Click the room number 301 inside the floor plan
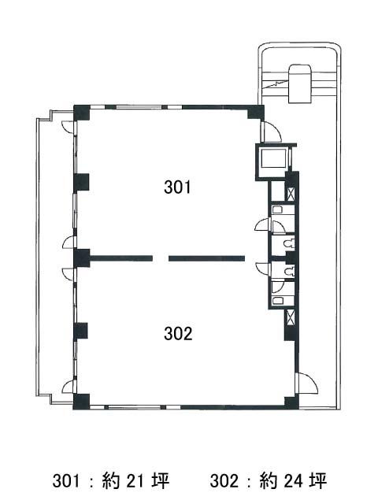[x=177, y=187]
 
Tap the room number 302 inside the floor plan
[x=178, y=333]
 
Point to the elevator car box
[x=273, y=158]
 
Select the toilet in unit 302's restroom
[x=290, y=271]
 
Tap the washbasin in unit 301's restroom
[x=277, y=209]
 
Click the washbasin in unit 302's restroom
[x=277, y=301]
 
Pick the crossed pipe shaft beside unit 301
[x=290, y=195]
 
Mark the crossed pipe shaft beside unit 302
[x=290, y=317]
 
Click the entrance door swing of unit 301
[x=272, y=132]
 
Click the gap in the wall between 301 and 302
[x=161, y=258]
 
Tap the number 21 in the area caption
[x=135, y=481]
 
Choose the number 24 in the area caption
[x=294, y=481]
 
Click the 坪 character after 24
[x=318, y=481]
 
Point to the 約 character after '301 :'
[x=111, y=481]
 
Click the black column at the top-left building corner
[x=82, y=113]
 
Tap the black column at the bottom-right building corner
[x=291, y=403]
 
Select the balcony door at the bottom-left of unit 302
[x=69, y=387]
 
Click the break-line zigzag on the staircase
[x=276, y=84]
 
